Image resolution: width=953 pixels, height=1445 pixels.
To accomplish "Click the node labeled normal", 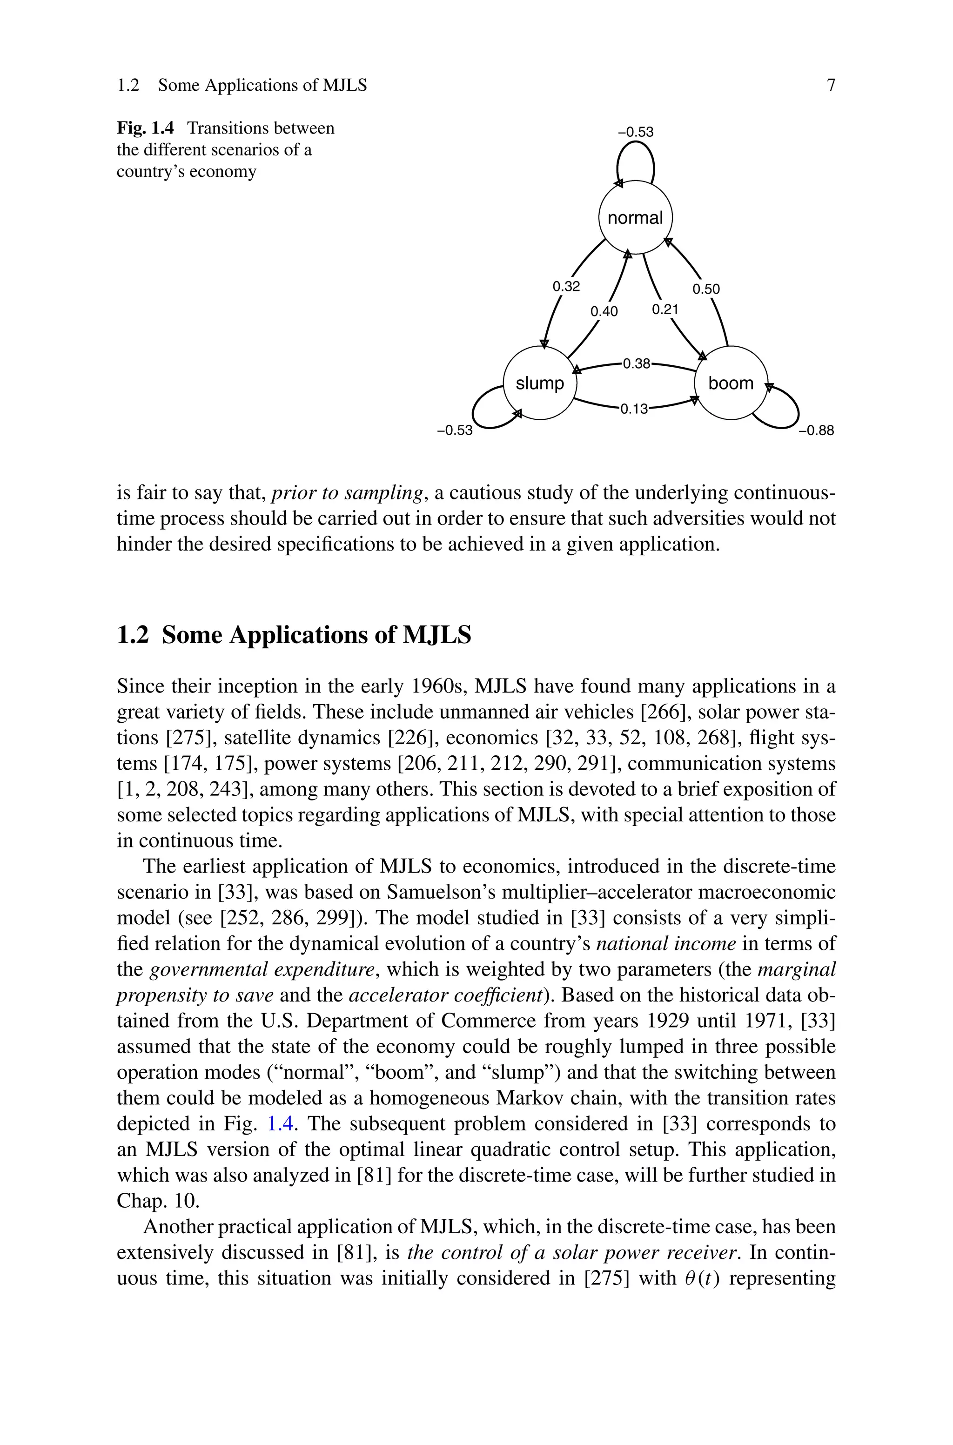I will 635,217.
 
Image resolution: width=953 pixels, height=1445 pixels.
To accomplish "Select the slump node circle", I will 540,383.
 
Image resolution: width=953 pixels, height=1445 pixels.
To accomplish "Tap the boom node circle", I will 731,383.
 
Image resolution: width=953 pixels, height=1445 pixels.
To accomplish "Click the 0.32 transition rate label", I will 566,286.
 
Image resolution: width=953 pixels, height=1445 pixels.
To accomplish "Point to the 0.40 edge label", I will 604,312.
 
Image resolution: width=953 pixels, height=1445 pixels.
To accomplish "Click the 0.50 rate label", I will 706,289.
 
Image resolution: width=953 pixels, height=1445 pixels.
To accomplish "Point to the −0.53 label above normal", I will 636,132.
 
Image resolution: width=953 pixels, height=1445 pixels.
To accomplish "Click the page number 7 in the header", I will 831,85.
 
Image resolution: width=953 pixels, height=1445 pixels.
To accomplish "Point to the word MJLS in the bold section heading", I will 437,635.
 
